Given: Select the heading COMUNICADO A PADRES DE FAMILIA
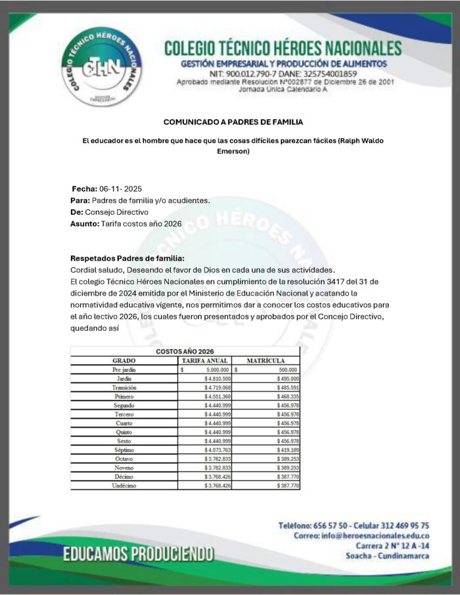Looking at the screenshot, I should click(x=233, y=122).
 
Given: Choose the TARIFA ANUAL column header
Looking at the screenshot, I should click(x=204, y=361).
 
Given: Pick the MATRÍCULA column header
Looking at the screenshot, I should click(x=265, y=361).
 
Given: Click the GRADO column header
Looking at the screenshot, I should click(x=124, y=361).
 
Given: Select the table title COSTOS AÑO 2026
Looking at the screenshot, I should click(x=185, y=351).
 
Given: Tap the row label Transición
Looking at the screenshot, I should click(x=124, y=388).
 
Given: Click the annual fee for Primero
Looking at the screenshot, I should click(x=218, y=397).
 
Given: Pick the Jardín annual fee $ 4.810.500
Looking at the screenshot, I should click(x=218, y=379).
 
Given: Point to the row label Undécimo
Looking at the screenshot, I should click(x=124, y=485).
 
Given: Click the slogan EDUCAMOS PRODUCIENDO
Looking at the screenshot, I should click(x=138, y=554).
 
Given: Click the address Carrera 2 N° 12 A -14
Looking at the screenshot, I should click(x=393, y=546).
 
